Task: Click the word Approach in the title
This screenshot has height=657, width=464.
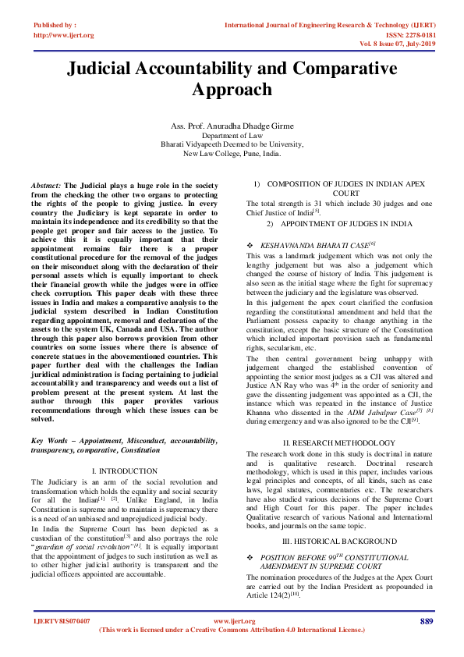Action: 232,90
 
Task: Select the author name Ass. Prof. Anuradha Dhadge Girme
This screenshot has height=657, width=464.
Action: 232,126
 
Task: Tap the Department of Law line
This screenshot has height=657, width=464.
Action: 232,136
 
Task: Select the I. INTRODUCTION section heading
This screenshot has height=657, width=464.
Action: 125,472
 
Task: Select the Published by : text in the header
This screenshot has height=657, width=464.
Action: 54,26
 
